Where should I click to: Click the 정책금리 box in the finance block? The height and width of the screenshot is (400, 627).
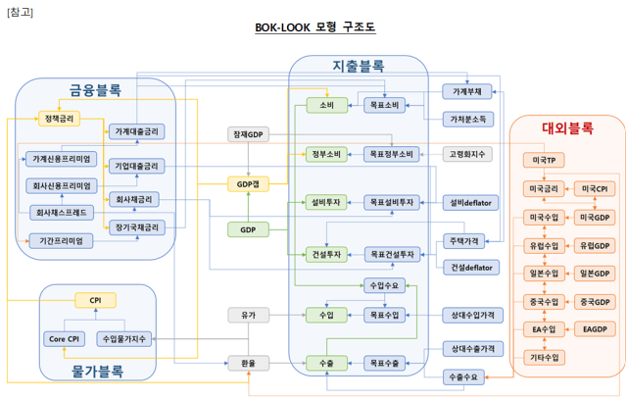click(60, 119)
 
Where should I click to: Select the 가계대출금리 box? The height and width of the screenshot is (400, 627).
click(137, 130)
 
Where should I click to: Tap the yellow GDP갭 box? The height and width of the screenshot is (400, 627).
click(247, 183)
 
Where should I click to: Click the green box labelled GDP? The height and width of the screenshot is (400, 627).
click(247, 229)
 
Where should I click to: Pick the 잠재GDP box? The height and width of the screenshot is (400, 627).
click(247, 133)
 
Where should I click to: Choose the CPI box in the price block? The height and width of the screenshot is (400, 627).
click(95, 300)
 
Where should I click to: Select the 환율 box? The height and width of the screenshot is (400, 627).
click(247, 363)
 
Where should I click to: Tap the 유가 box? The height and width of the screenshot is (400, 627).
click(247, 315)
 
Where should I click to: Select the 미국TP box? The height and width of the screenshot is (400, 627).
click(543, 160)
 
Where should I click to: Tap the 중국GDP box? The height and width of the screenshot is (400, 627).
click(595, 301)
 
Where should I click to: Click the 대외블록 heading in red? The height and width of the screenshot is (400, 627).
click(566, 128)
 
